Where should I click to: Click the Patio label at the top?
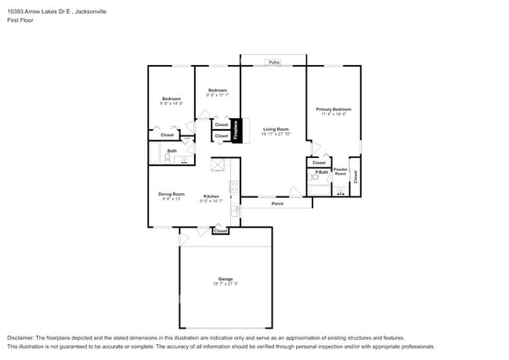[x=274, y=61]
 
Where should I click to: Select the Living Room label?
[x=276, y=129]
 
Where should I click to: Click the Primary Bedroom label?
[x=334, y=109]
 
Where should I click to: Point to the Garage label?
[x=226, y=279]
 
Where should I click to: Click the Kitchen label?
[x=211, y=196]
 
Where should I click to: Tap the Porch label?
[x=277, y=203]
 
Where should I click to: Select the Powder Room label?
[x=341, y=171]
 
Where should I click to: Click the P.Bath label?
[x=321, y=171]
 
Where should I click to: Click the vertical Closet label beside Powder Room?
[x=355, y=176]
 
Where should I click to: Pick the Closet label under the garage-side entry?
[x=221, y=231]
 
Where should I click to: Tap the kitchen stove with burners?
[x=234, y=187]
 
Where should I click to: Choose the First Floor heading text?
[x=21, y=21]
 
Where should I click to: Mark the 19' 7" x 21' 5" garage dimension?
[x=226, y=284]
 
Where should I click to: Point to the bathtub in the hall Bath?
[x=154, y=154]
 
